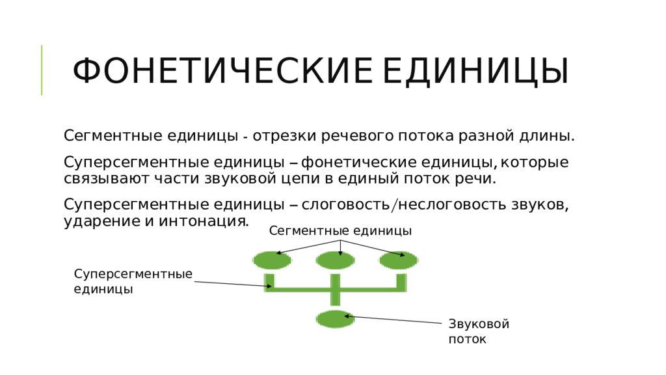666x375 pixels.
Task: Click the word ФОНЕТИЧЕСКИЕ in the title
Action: tap(222, 71)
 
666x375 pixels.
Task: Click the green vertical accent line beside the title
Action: tap(42, 70)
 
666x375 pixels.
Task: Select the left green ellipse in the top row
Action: tap(272, 260)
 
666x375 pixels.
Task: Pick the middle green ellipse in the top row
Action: tap(335, 260)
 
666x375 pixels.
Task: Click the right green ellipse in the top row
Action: tap(399, 260)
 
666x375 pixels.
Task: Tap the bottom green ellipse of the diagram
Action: tap(335, 319)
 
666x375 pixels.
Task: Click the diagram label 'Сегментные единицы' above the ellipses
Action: tap(340, 231)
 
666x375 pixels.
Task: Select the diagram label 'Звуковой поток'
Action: tap(479, 331)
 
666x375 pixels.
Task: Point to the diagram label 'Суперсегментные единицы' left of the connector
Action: tap(133, 281)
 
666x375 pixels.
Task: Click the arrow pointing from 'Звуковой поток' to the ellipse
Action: tap(393, 319)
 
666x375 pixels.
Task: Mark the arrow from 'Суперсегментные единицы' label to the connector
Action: tap(233, 284)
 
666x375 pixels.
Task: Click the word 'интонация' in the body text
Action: tap(204, 221)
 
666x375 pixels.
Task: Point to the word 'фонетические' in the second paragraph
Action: tap(358, 162)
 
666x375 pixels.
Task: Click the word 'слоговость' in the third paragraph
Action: tap(345, 204)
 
